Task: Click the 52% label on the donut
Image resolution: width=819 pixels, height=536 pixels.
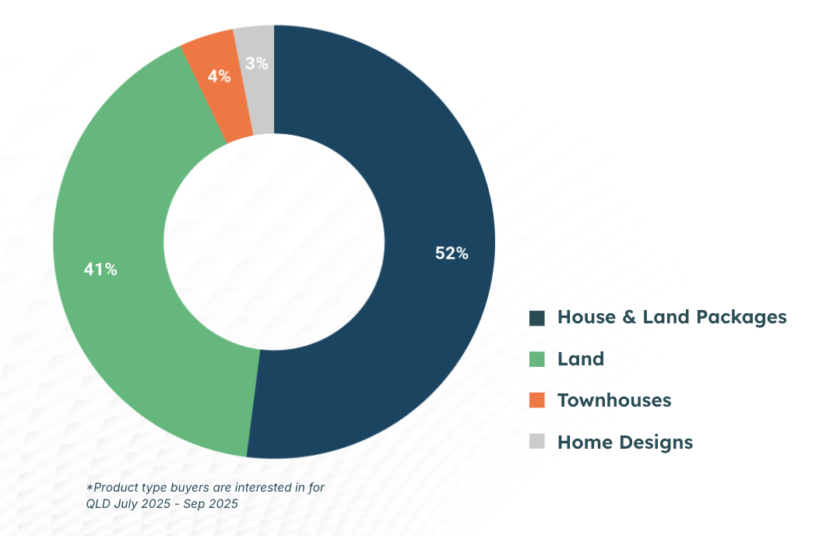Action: click(452, 253)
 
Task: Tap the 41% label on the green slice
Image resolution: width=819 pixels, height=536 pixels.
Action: click(100, 270)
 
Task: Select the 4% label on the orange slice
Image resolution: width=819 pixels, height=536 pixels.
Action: click(219, 76)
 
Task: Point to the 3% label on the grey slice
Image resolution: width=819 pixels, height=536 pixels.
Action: click(256, 64)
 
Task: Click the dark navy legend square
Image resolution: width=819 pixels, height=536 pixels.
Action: click(537, 318)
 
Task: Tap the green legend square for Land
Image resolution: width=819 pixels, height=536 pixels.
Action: click(537, 359)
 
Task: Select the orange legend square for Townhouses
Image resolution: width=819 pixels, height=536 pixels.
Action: click(537, 400)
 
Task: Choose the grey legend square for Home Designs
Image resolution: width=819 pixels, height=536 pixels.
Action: click(537, 442)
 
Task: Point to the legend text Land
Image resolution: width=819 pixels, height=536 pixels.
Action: click(581, 359)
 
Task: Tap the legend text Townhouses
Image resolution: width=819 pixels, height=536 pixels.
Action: click(614, 400)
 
